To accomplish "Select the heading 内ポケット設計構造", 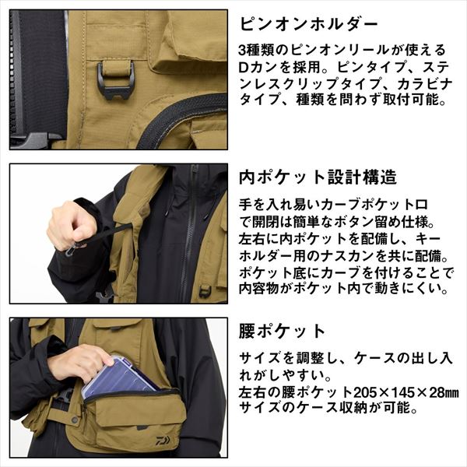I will [312, 177].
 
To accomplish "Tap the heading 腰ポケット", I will [281, 330].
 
